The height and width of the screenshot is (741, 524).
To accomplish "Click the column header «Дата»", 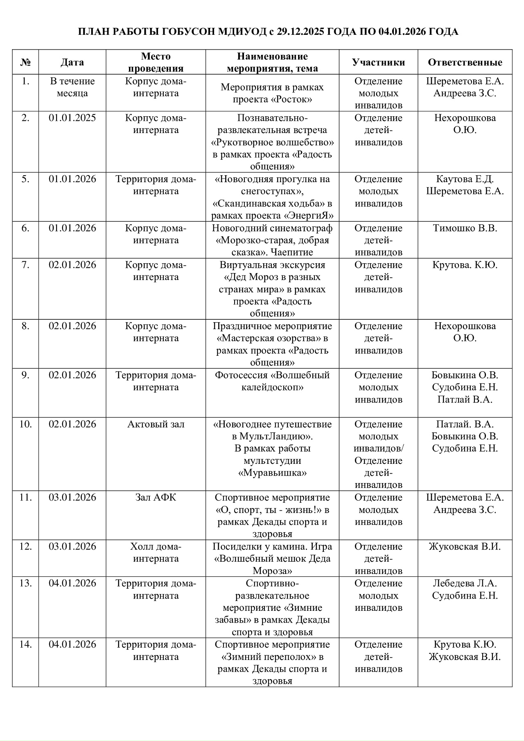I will click(x=72, y=62).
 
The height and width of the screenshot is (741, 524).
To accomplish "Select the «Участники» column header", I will click(x=378, y=62).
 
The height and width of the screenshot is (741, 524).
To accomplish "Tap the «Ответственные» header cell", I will click(x=465, y=62).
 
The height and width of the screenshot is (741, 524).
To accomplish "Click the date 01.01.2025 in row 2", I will click(x=72, y=118).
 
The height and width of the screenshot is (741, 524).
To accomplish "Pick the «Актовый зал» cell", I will click(x=156, y=424).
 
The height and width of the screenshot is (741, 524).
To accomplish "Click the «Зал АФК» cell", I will click(x=156, y=497).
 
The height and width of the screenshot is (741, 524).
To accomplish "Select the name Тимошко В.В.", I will click(x=465, y=228).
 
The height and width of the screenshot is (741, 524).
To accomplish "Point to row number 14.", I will click(x=25, y=644).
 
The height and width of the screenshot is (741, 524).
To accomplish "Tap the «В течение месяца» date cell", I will click(x=72, y=87).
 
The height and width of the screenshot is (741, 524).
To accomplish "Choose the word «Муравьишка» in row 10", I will click(x=272, y=473).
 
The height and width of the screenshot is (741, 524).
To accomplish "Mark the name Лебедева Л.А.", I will click(x=465, y=583).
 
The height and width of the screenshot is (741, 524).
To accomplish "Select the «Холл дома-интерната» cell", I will click(x=156, y=553).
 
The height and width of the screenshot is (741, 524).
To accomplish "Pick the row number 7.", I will click(x=25, y=265).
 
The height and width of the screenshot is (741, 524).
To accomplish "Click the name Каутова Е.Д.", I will click(x=465, y=179).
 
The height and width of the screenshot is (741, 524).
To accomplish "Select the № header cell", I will click(x=25, y=62).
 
